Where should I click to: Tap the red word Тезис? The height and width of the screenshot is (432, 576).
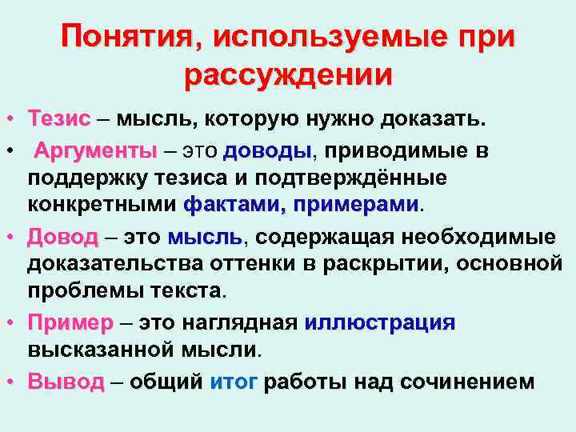click(58, 120)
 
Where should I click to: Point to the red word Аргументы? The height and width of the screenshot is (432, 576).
click(94, 150)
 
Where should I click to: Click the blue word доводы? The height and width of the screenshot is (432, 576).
click(267, 150)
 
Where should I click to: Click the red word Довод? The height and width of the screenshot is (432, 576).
click(62, 237)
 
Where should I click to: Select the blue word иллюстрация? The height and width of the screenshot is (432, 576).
click(380, 323)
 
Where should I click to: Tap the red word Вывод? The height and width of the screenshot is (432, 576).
click(66, 382)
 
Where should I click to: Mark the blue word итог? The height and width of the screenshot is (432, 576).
click(233, 382)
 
